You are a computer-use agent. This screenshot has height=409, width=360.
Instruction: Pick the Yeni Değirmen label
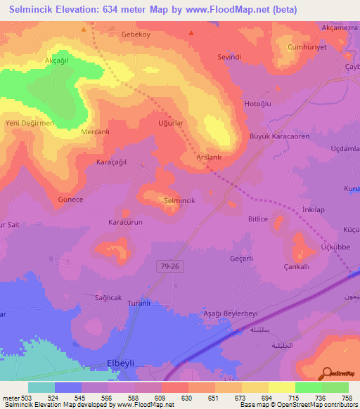(x=30, y=124)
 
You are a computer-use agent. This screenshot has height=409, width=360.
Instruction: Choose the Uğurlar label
(x=171, y=122)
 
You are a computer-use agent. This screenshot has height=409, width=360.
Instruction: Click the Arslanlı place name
(x=209, y=158)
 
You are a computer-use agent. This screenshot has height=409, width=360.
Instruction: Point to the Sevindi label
(x=229, y=55)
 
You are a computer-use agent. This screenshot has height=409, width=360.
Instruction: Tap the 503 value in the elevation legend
(x=27, y=397)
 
